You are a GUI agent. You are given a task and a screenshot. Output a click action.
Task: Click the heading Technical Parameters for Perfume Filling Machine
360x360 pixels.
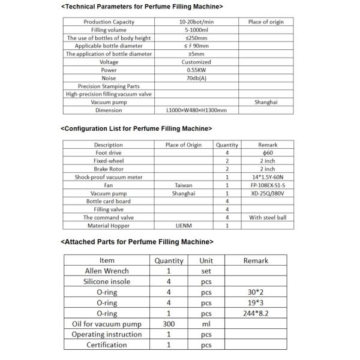(x=142, y=7)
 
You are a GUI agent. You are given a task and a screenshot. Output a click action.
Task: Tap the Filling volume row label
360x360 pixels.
(x=109, y=30)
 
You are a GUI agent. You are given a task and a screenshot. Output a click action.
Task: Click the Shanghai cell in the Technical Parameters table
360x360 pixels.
(x=266, y=102)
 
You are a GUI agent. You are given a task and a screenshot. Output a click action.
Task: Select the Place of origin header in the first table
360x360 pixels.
(x=266, y=22)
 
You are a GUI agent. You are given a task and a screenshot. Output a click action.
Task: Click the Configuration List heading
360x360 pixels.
(x=136, y=128)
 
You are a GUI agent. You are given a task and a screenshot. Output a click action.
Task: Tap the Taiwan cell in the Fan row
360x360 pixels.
(x=184, y=185)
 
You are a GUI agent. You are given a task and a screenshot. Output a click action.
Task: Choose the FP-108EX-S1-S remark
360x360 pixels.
(x=268, y=185)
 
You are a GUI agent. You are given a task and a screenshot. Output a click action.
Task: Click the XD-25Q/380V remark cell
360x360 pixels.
(x=268, y=194)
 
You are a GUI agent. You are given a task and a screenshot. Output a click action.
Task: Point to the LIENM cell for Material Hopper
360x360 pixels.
(x=184, y=226)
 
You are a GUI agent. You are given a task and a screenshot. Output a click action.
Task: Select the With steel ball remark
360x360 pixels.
(x=268, y=218)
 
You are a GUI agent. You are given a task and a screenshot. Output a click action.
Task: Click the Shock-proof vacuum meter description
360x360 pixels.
(x=109, y=178)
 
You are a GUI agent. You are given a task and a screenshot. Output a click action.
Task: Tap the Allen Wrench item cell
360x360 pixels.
(x=107, y=271)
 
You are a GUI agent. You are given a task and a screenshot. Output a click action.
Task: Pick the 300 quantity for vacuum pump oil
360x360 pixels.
(x=169, y=323)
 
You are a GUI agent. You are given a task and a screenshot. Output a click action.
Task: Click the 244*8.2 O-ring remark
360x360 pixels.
(x=256, y=313)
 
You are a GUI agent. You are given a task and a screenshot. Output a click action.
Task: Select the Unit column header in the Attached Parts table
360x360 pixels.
(x=206, y=260)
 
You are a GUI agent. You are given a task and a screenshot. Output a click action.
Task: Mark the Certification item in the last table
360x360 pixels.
(x=107, y=345)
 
